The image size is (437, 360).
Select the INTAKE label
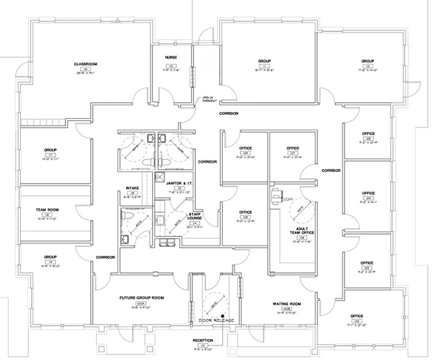[132, 187]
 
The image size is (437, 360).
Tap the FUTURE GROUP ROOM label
[141, 297]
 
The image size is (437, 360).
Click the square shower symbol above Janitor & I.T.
[161, 178]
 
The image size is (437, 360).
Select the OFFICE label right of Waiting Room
[357, 317]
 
